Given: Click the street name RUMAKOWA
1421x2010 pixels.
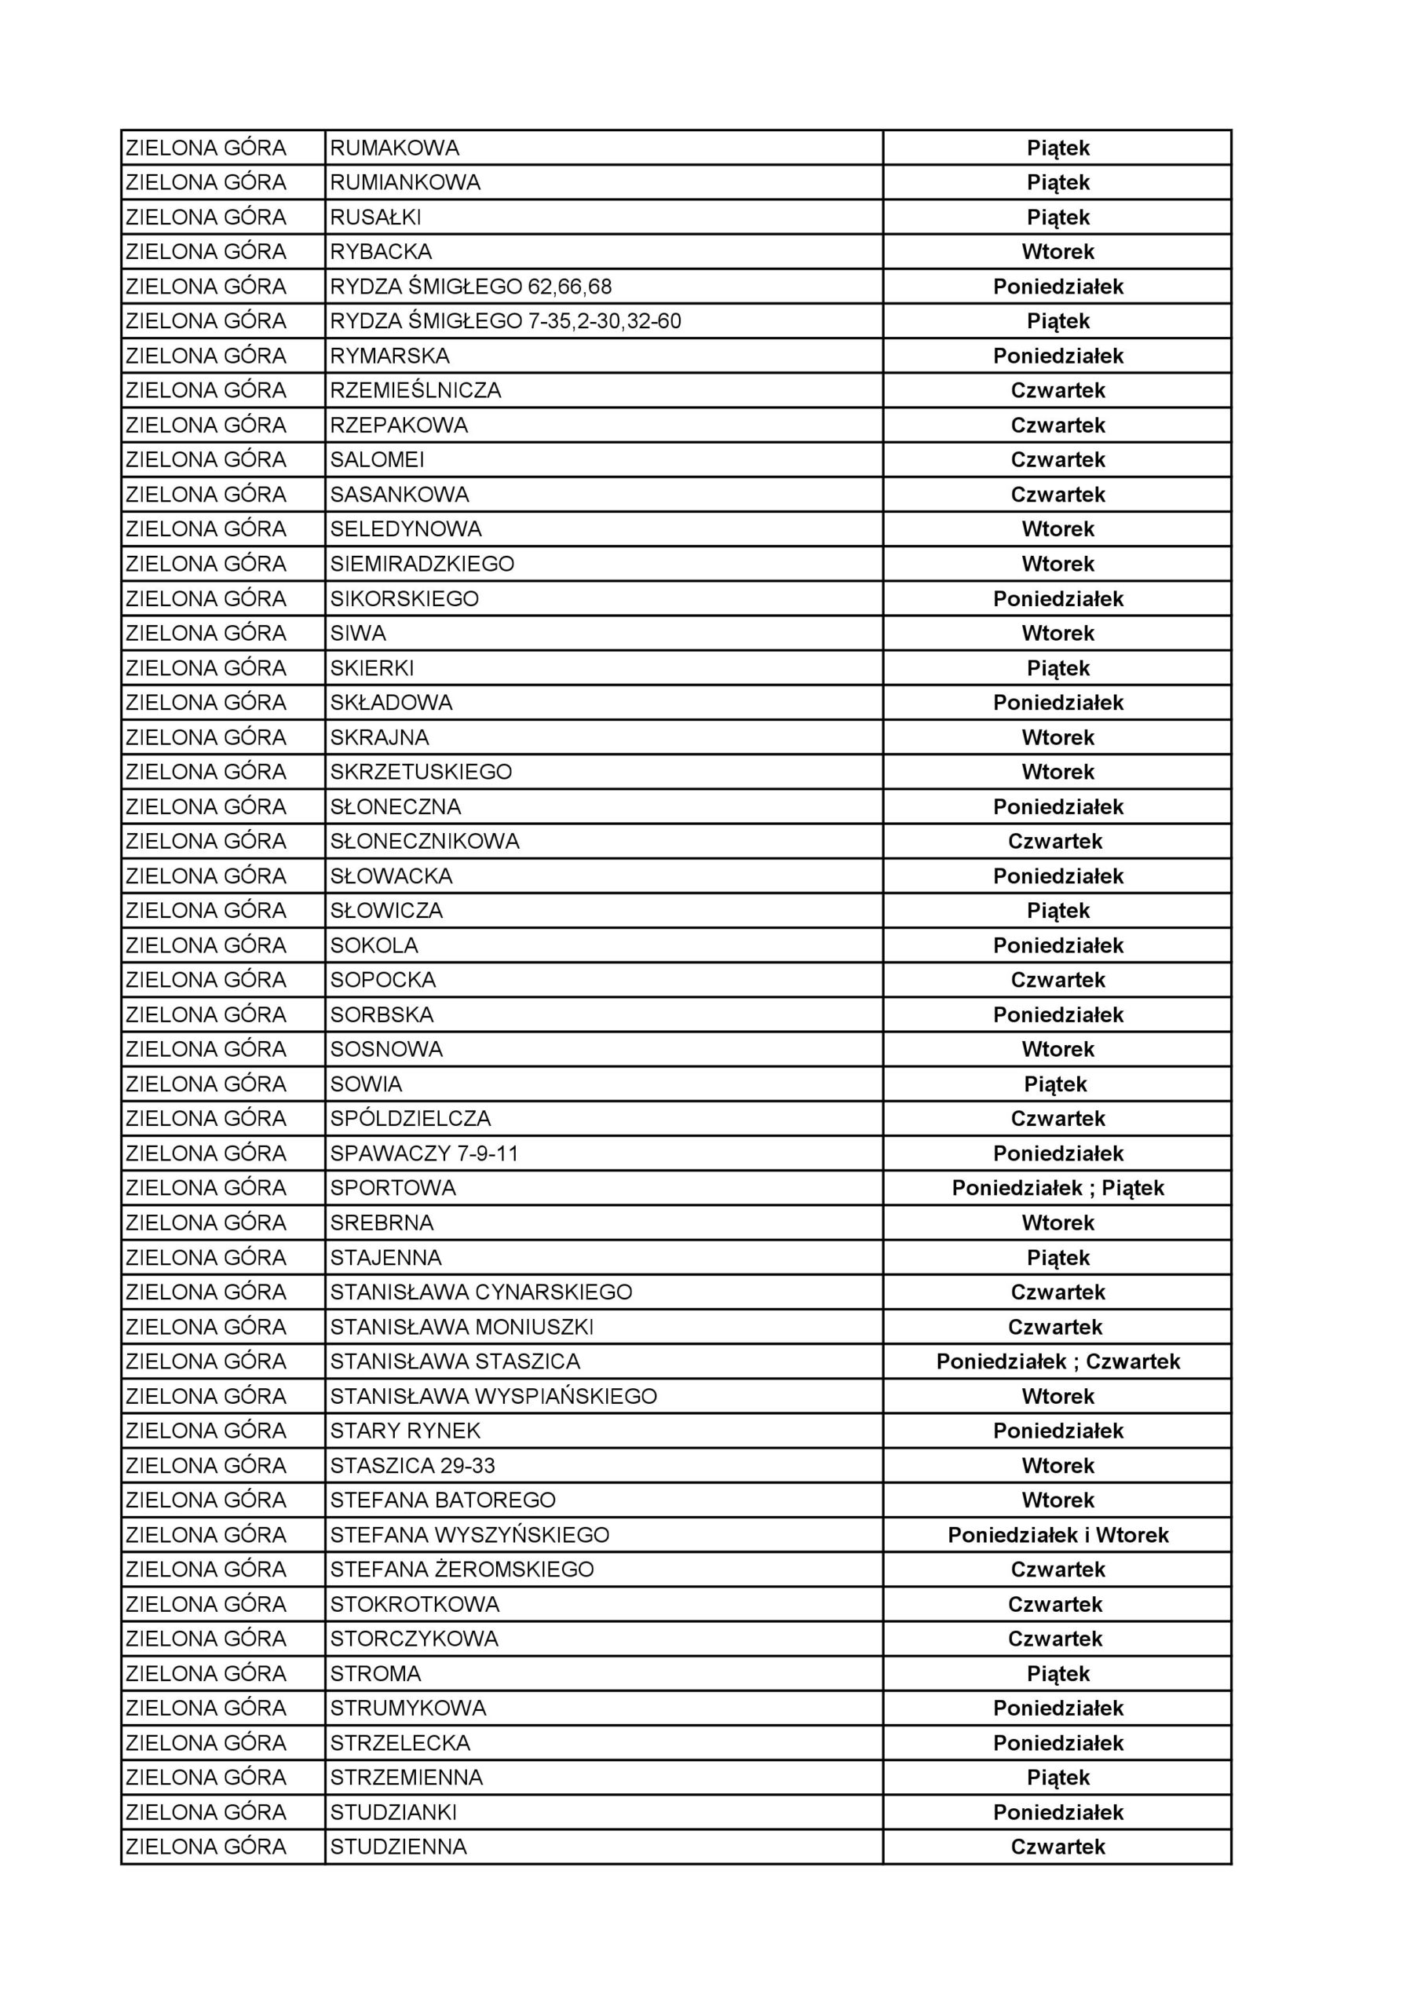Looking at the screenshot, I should tap(395, 148).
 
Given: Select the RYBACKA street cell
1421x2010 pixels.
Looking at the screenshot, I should tap(381, 252).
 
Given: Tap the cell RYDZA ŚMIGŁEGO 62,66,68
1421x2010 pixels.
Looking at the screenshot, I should tap(471, 287).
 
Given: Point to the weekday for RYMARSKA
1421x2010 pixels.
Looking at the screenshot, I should tap(1058, 356).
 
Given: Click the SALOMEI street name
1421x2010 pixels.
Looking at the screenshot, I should tap(378, 459).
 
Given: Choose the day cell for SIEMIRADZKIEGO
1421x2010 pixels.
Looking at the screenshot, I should tap(1058, 564).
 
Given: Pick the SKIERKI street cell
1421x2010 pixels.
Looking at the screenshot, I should tap(372, 668).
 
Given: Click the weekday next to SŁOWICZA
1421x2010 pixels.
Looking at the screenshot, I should tap(1058, 911).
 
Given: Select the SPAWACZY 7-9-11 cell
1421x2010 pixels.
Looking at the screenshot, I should tap(425, 1154).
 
